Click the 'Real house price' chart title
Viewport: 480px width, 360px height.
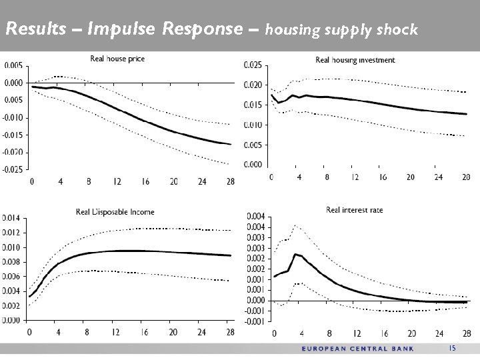click(117, 59)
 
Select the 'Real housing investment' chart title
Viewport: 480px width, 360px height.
click(355, 60)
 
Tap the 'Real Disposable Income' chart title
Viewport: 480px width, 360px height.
click(124, 212)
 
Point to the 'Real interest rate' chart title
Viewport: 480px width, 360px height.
click(355, 210)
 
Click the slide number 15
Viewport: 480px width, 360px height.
click(451, 348)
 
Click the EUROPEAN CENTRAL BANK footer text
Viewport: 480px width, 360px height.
click(358, 349)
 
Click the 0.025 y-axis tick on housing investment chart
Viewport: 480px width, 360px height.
click(253, 65)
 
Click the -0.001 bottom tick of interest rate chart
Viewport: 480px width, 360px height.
click(255, 321)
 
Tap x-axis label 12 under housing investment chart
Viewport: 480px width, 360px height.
click(356, 177)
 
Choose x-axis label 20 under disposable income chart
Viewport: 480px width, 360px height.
click(173, 332)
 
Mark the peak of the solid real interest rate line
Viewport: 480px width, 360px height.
click(295, 254)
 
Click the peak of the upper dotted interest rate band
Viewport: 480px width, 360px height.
click(295, 225)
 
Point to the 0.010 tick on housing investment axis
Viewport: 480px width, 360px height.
click(253, 125)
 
